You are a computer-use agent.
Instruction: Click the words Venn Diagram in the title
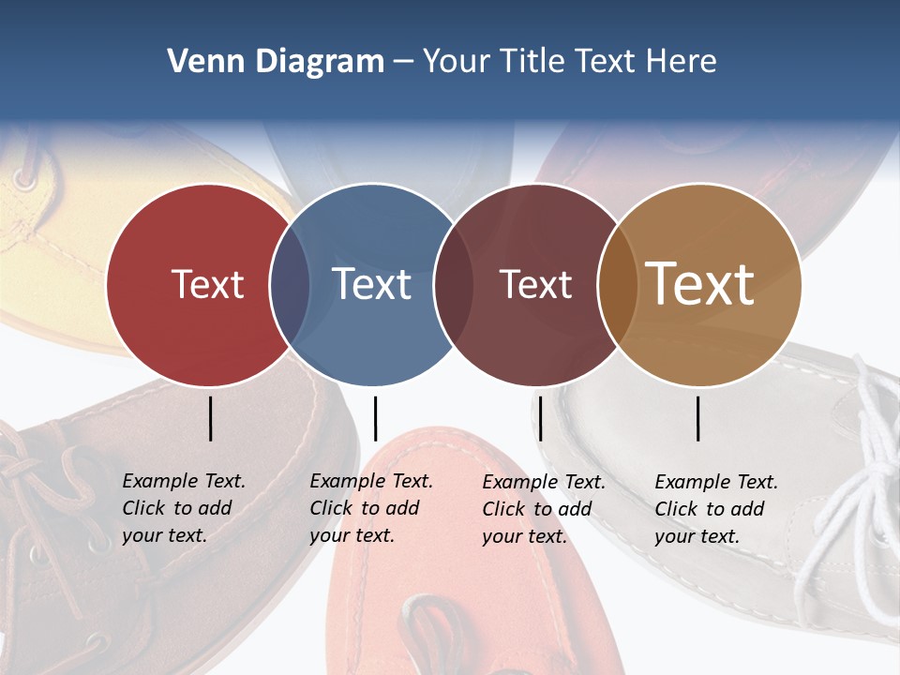pyautogui.click(x=275, y=62)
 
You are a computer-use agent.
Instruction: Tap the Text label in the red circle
pyautogui.click(x=207, y=284)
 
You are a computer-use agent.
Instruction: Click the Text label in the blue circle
pyautogui.click(x=372, y=284)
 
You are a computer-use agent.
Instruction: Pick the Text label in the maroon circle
pyautogui.click(x=535, y=284)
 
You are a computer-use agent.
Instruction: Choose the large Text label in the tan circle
pyautogui.click(x=700, y=284)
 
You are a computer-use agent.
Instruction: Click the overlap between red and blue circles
pyautogui.click(x=290, y=285)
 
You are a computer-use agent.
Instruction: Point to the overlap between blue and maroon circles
pyautogui.click(x=454, y=285)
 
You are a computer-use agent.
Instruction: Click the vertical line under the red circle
pyautogui.click(x=211, y=418)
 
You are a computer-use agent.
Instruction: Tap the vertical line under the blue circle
pyautogui.click(x=375, y=418)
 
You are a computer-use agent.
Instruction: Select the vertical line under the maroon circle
pyautogui.click(x=541, y=418)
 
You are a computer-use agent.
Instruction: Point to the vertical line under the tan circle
pyautogui.click(x=698, y=418)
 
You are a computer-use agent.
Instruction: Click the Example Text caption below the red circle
pyautogui.click(x=184, y=508)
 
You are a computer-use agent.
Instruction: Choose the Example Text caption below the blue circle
pyautogui.click(x=371, y=508)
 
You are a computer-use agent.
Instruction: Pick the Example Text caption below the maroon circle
pyautogui.click(x=544, y=509)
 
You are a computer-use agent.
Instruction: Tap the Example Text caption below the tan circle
pyautogui.click(x=716, y=509)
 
